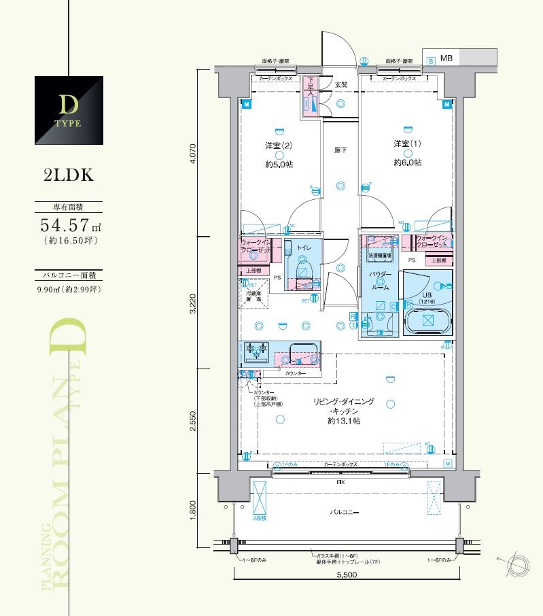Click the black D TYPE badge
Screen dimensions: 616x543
(69, 111)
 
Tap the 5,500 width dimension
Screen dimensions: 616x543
(346, 575)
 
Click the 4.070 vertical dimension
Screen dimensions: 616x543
(193, 154)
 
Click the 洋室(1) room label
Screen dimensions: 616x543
(406, 144)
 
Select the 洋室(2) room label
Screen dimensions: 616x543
(279, 146)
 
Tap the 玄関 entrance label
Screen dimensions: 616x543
(340, 85)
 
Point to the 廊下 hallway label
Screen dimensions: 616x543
(340, 150)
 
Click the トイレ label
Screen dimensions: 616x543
(304, 249)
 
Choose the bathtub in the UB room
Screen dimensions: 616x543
(426, 322)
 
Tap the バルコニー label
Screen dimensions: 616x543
(345, 512)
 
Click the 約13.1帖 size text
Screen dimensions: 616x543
(343, 422)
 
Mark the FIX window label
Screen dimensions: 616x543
(340, 481)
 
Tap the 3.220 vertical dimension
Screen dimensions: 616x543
(193, 303)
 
